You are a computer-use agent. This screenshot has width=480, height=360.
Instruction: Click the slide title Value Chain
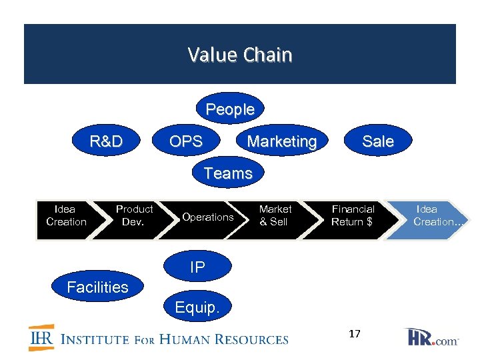click(x=240, y=55)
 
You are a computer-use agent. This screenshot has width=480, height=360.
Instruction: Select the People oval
click(x=230, y=109)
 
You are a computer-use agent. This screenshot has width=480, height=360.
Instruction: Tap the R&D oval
click(x=107, y=141)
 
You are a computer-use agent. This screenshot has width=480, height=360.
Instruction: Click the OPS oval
click(x=186, y=141)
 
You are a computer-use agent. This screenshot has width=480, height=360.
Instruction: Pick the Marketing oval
click(x=282, y=141)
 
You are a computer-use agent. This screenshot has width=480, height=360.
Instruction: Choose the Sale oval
click(x=377, y=141)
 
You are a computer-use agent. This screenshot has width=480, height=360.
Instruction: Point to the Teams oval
click(x=228, y=173)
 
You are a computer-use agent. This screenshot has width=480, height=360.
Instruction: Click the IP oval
click(x=197, y=267)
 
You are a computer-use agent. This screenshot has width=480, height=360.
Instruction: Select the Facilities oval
click(x=98, y=287)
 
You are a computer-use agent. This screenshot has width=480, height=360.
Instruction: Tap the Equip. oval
click(x=197, y=307)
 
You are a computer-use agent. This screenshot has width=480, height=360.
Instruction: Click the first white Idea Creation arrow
click(x=66, y=216)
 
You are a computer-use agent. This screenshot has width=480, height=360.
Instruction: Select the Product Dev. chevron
click(x=134, y=216)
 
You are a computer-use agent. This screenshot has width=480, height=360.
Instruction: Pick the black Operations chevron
click(x=207, y=217)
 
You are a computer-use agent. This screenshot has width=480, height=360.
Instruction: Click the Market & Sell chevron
click(x=275, y=216)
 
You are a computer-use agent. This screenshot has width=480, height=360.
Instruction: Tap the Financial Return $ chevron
click(x=353, y=216)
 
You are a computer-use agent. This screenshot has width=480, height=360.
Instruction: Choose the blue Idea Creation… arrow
click(x=430, y=216)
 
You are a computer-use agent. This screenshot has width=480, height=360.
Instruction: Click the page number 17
click(x=354, y=334)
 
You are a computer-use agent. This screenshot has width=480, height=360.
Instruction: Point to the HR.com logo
click(x=431, y=337)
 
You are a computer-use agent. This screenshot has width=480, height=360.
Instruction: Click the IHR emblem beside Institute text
click(x=41, y=338)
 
